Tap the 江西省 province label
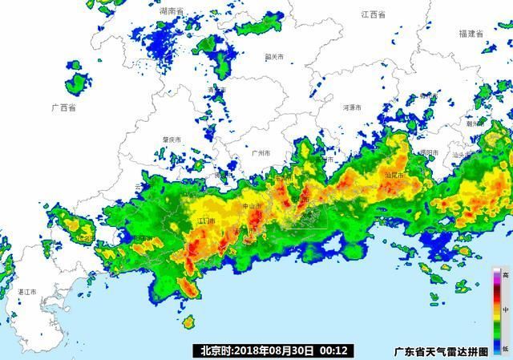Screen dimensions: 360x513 click(374, 15)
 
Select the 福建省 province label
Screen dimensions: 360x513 click(471, 34)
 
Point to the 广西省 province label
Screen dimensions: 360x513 click(63, 107)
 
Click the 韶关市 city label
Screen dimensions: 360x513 click(275, 57)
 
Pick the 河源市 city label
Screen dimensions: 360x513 click(353, 107)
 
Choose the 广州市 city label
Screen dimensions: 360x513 click(261, 152)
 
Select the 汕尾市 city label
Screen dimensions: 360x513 click(394, 175)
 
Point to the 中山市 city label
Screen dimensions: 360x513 click(252, 206)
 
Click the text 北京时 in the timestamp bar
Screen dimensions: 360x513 click(215, 350)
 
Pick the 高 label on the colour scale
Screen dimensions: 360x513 click(506, 275)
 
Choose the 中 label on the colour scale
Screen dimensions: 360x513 click(506, 308)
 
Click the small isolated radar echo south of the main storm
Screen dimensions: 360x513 click(189, 322)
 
